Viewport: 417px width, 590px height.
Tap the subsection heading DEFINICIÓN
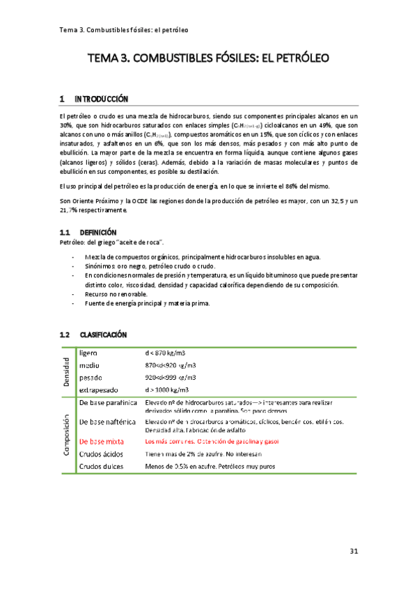(98, 232)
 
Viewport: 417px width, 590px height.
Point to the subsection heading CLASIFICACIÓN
(103, 335)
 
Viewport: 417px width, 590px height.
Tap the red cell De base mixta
(103, 441)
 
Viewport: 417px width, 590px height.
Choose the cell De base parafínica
(110, 404)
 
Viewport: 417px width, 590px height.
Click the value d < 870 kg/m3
(166, 353)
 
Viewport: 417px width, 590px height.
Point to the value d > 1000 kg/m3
(167, 390)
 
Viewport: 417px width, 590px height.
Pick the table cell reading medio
(90, 365)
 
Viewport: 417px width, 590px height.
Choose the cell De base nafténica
(109, 422)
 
